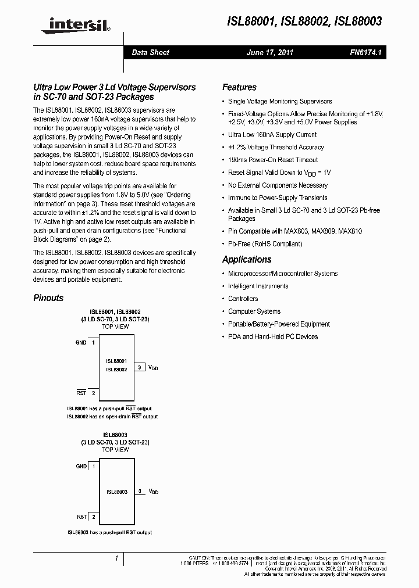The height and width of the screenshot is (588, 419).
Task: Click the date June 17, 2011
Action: [270, 52]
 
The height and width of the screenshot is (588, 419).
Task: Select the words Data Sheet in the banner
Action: [150, 52]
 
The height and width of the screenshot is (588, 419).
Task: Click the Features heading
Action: [239, 87]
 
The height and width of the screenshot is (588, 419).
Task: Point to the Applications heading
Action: [247, 260]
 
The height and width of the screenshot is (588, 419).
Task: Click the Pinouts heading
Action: [48, 298]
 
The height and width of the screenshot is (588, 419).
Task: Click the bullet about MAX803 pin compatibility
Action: [294, 231]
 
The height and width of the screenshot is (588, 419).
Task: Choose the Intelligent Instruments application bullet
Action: [258, 286]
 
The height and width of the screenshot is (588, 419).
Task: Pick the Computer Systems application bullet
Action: [254, 311]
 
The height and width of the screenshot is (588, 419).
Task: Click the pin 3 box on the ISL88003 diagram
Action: [140, 492]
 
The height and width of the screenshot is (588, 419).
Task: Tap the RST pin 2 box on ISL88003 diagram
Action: [93, 517]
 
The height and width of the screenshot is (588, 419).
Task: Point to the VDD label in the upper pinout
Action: [153, 368]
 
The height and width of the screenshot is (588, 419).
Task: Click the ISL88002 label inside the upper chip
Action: [116, 370]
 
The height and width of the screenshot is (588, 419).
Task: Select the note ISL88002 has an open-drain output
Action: [112, 417]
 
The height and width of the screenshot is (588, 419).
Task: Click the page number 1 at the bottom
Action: [117, 558]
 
